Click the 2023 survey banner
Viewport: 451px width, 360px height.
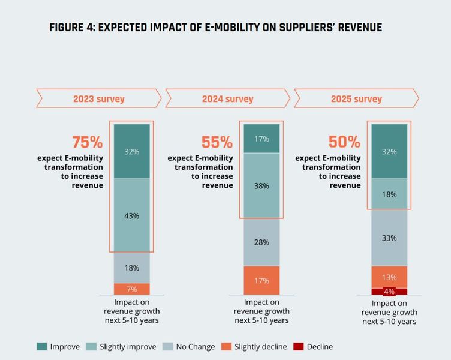tap(99, 98)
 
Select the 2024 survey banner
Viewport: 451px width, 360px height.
tap(227, 98)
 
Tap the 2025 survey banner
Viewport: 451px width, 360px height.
tap(356, 98)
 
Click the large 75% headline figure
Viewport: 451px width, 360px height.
tap(87, 143)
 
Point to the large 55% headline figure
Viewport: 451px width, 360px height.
tap(217, 143)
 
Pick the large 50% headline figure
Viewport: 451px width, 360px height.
tap(344, 143)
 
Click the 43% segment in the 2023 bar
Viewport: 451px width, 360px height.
tap(132, 215)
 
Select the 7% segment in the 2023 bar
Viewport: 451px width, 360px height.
tap(132, 289)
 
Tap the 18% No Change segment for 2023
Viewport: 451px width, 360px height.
tap(132, 268)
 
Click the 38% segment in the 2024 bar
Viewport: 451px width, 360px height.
tap(261, 186)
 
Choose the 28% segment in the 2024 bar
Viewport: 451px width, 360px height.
tap(261, 242)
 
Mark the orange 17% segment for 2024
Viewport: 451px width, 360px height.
tap(261, 280)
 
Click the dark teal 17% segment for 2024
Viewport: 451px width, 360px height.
tap(261, 138)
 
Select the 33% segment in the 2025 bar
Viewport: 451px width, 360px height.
tap(389, 238)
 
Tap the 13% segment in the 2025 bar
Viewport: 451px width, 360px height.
tap(389, 277)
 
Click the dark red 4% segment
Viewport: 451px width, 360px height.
tap(389, 292)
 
